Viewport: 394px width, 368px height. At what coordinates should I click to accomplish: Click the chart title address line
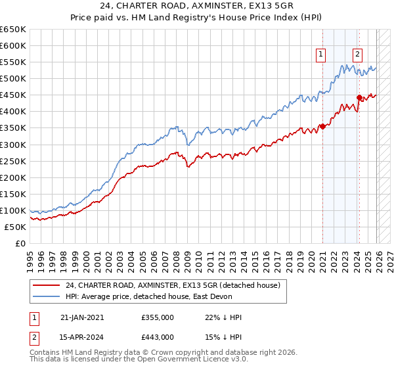coord(197,7)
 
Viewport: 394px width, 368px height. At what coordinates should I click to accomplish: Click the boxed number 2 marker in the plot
coord(358,55)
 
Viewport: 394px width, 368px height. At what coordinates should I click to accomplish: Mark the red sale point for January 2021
coord(323,126)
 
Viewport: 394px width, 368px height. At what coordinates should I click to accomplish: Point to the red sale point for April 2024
coord(359,97)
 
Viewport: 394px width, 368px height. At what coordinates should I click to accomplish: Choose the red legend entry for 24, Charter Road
coord(173,285)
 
